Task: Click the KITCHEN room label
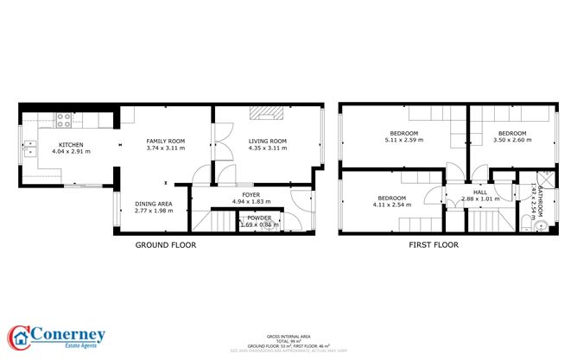point(71,144)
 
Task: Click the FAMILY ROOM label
point(165,141)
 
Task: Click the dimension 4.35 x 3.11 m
point(267,148)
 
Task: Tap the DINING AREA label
point(153,204)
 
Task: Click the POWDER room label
point(259,218)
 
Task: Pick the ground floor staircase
point(212,223)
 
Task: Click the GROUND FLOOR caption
point(165,245)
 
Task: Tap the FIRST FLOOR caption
point(433,245)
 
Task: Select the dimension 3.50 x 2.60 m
point(511,140)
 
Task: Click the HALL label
point(480,193)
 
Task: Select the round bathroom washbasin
point(541,226)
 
